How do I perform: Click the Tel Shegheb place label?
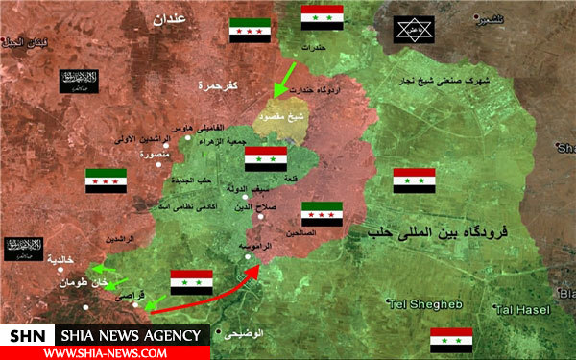(x=421, y=304)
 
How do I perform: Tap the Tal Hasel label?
(x=523, y=309)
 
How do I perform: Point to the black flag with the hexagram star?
(x=414, y=28)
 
